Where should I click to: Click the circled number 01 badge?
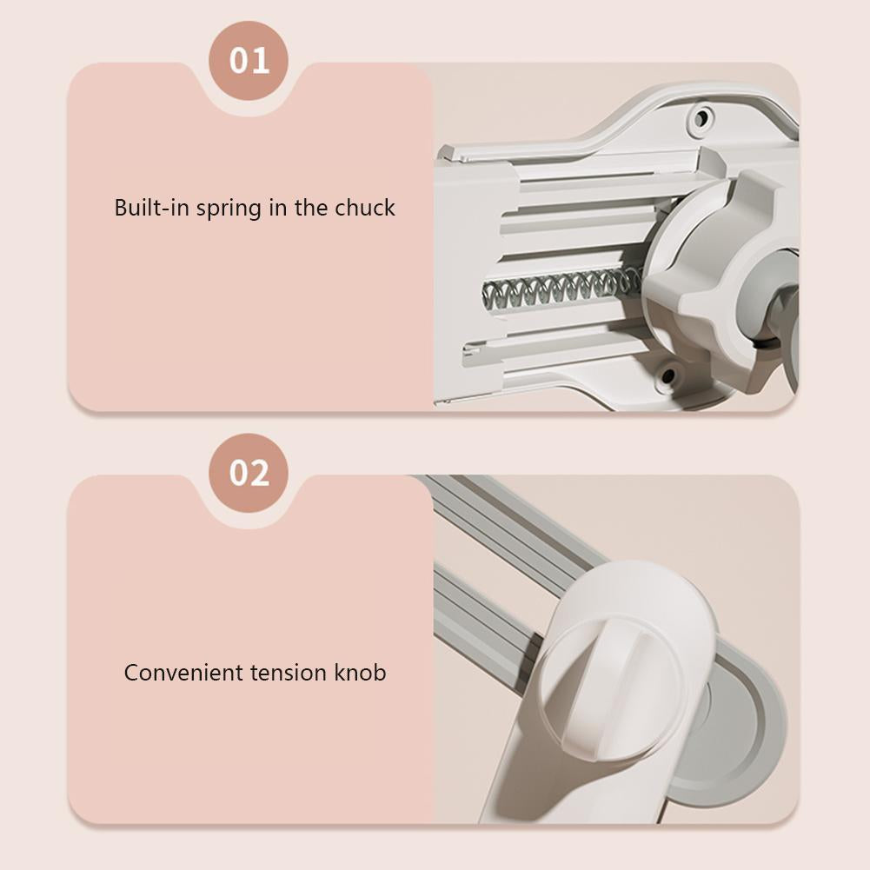click(x=249, y=61)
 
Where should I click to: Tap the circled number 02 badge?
click(x=249, y=473)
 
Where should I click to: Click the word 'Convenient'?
click(x=183, y=673)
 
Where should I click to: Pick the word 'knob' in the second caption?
click(x=360, y=673)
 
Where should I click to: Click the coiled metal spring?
click(x=561, y=289)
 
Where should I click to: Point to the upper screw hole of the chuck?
click(x=701, y=117)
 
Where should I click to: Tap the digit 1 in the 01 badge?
click(x=262, y=61)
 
